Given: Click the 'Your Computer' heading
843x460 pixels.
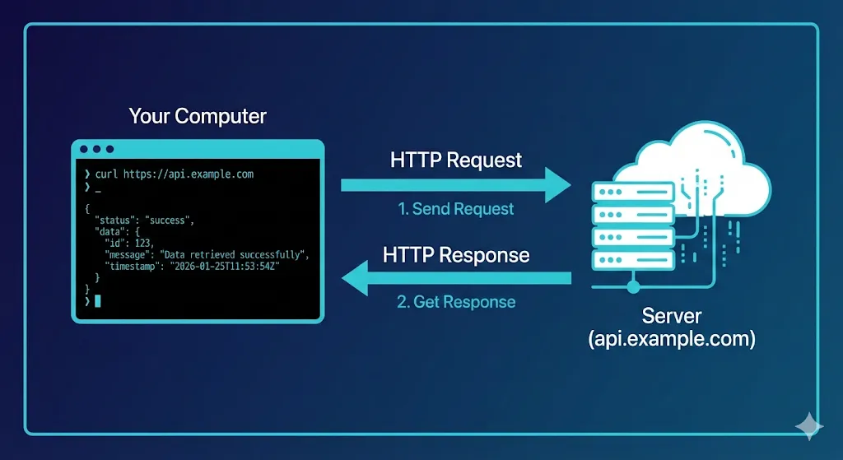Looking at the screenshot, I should point(198,116).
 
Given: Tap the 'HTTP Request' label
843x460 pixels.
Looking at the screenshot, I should point(455,160).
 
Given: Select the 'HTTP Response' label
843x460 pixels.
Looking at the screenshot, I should point(455,254).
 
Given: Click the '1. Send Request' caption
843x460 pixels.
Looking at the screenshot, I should point(455,209).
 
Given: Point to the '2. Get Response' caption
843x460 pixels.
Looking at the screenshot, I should point(455,302).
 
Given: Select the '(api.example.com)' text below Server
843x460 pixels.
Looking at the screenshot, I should point(672,338).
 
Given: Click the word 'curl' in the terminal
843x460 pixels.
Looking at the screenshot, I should point(107,174).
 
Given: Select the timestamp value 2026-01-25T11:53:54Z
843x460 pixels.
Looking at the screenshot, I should point(227,267).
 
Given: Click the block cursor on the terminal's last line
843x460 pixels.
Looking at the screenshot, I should point(97,301).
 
